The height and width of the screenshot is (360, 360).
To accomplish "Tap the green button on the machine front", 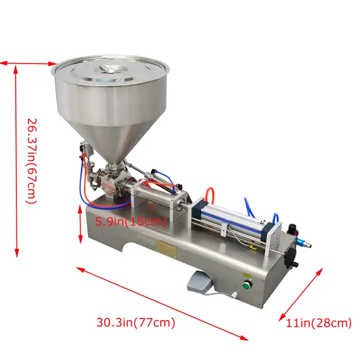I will click(246, 286).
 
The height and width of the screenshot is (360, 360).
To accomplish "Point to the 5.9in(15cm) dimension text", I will click(130, 221).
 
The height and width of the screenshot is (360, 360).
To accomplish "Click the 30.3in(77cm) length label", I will click(136, 323).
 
